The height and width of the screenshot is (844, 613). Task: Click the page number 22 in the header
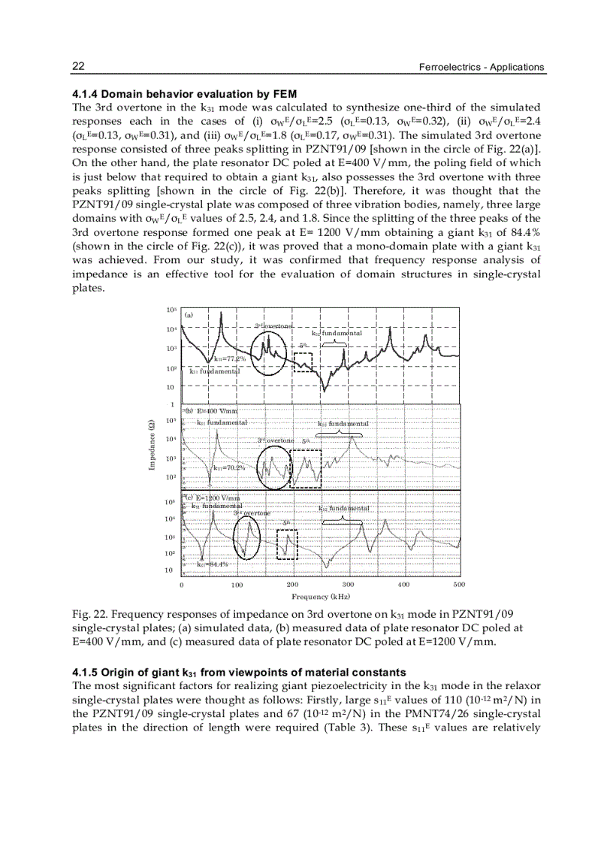pos(77,67)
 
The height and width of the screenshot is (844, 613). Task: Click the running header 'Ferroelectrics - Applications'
pos(481,68)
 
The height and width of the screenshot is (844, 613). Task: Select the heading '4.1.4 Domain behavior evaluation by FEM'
pos(184,94)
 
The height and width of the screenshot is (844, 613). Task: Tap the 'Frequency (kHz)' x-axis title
pos(321,596)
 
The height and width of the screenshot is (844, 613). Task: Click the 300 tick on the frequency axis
pos(348,584)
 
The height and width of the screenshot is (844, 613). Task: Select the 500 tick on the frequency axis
pos(459,584)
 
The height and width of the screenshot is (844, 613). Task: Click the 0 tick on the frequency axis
pos(182,584)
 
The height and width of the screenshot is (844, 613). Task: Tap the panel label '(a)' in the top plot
pos(189,316)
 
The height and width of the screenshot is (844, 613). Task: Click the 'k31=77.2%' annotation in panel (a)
pos(230,358)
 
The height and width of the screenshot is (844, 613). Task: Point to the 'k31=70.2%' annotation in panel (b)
pos(229,467)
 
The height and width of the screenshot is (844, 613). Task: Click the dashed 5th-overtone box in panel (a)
pos(302,361)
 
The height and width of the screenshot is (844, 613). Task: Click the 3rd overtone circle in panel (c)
pos(246,538)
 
